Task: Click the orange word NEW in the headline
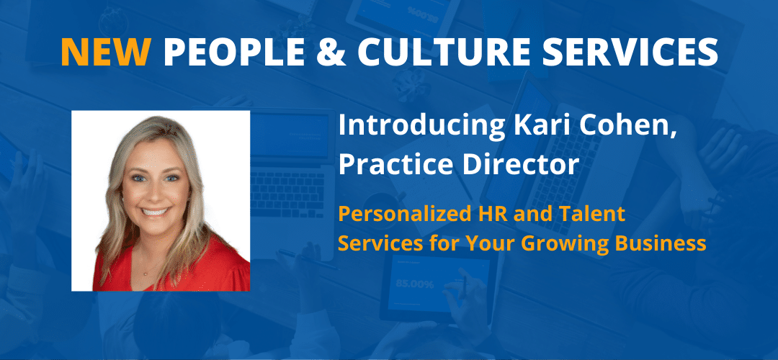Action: pyautogui.click(x=106, y=52)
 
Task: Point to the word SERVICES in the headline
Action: pyautogui.click(x=625, y=52)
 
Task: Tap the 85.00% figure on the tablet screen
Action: pyautogui.click(x=415, y=284)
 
